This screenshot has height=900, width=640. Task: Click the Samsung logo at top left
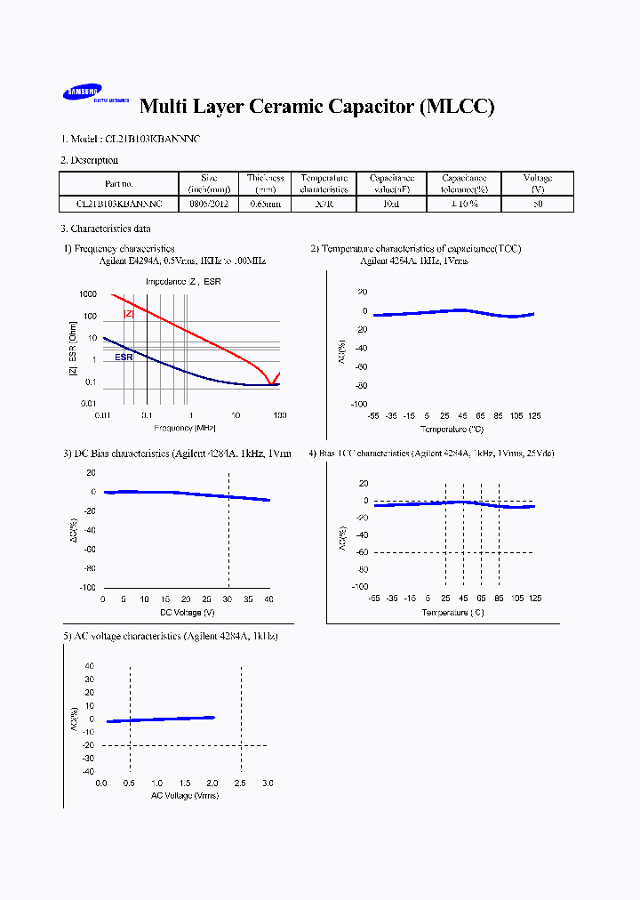(82, 93)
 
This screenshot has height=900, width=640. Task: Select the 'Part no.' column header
(118, 184)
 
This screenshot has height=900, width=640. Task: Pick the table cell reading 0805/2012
(209, 204)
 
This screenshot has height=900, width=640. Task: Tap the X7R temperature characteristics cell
(324, 204)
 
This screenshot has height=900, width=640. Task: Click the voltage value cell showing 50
(537, 204)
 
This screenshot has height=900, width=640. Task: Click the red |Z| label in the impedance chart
(128, 314)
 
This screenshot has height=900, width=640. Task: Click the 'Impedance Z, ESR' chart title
(184, 282)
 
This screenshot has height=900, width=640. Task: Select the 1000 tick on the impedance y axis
(87, 294)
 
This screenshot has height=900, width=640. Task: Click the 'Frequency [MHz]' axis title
(189, 428)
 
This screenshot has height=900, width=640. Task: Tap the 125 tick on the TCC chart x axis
(534, 416)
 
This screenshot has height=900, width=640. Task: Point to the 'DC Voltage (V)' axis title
(187, 613)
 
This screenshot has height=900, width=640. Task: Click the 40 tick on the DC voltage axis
(269, 600)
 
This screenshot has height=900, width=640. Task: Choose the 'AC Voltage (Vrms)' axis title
(184, 795)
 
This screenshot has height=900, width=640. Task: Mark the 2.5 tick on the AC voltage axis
(241, 783)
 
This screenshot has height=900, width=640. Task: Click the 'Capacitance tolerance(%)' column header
(465, 184)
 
